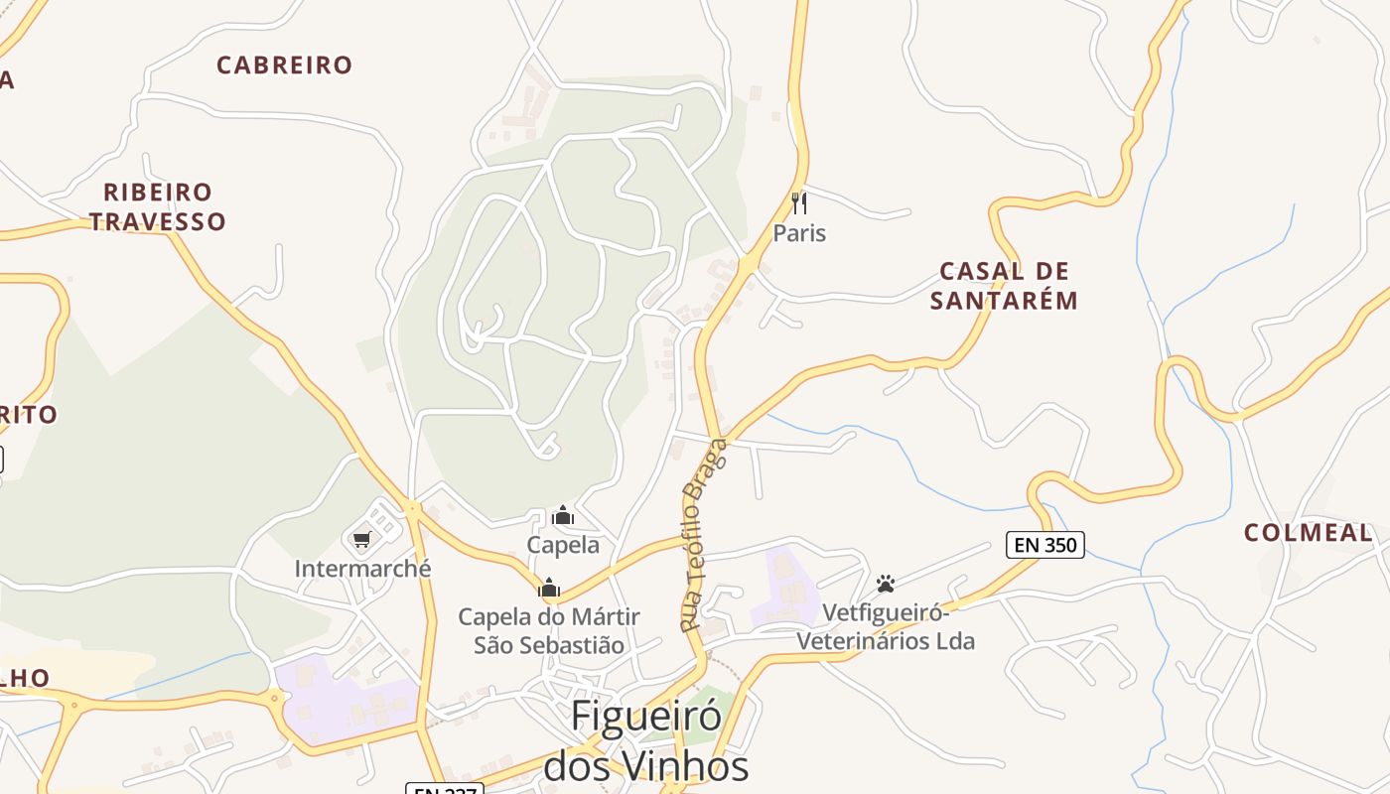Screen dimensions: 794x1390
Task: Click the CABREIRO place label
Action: [x=284, y=66]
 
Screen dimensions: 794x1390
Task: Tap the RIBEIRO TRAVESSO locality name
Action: [x=158, y=206]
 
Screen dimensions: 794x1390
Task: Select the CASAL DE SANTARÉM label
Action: [x=1004, y=286]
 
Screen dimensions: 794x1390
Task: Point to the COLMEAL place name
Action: [x=1308, y=533]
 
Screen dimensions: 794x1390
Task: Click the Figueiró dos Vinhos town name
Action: [x=645, y=740]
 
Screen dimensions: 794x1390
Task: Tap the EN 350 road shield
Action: [x=1044, y=544]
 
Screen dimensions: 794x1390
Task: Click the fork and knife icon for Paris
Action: [x=799, y=203]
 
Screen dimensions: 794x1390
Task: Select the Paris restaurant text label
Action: [x=799, y=233]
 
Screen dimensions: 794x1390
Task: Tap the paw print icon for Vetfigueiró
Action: [x=886, y=584]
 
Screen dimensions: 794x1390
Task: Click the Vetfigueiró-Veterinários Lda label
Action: [x=886, y=627]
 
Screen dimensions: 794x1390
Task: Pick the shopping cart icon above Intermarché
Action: [x=361, y=540]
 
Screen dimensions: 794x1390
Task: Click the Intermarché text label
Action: [x=362, y=569]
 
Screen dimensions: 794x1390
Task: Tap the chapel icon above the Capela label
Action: [x=563, y=515]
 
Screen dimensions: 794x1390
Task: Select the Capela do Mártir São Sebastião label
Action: [x=549, y=630]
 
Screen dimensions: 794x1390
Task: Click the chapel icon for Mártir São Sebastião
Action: [x=549, y=588]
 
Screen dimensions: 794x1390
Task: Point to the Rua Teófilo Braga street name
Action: [x=704, y=536]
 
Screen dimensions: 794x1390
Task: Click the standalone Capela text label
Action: [x=563, y=545]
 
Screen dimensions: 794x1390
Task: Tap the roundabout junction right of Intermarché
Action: [x=412, y=509]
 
